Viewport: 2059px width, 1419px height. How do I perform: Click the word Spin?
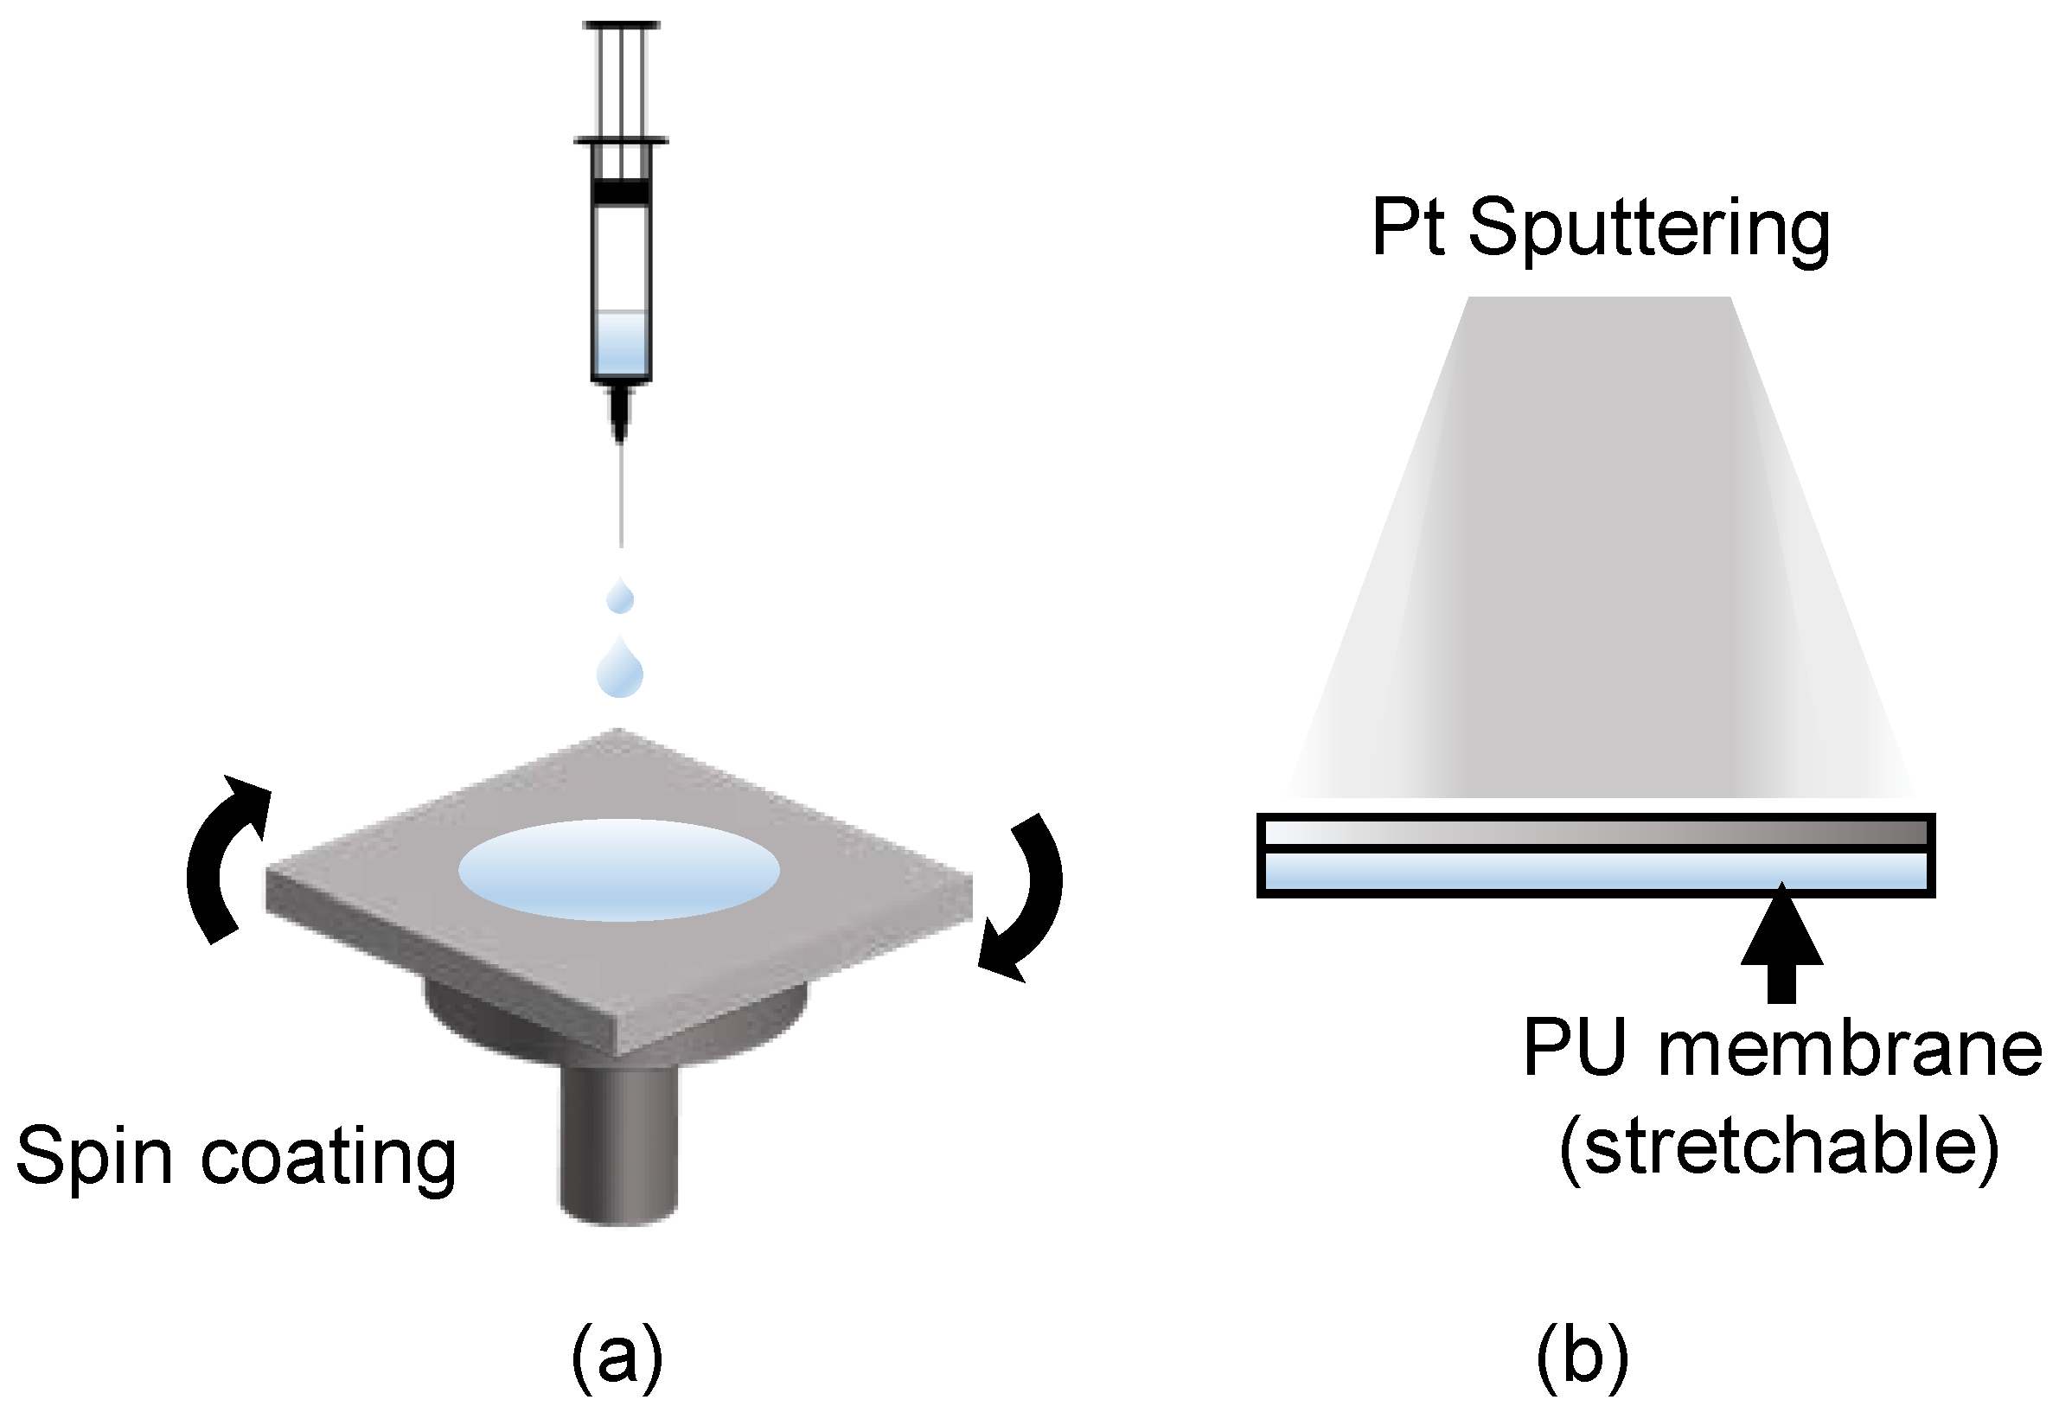93,1157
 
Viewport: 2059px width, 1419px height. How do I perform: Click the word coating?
328,1157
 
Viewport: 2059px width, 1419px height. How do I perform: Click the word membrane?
1850,1049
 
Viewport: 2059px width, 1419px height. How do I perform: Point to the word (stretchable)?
1779,1147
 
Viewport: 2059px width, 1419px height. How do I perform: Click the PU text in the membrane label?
1575,1049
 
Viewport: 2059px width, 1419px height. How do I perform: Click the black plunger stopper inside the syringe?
621,192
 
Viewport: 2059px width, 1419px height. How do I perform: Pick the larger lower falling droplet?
620,671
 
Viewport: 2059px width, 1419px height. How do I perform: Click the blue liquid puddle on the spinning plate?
619,870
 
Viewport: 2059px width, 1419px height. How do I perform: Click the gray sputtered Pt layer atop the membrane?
1595,833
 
